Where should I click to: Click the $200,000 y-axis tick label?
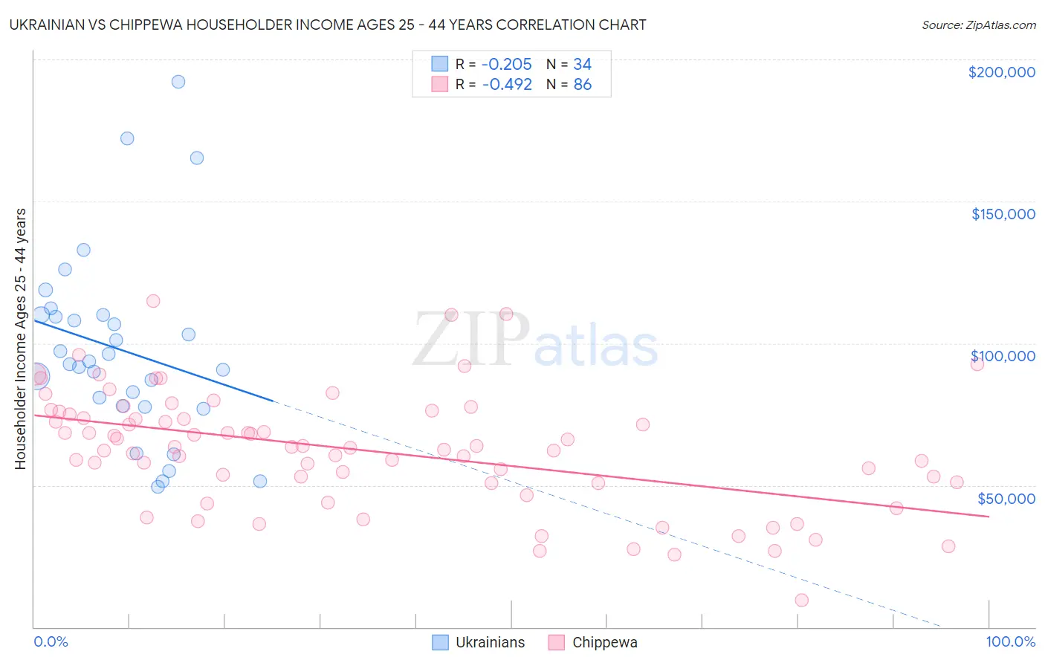click(x=1001, y=72)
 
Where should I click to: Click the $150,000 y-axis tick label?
click(x=1003, y=214)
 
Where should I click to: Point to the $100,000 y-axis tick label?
click(x=1003, y=356)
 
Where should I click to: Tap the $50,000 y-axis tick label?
click(x=1006, y=498)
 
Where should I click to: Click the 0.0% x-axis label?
click(x=51, y=641)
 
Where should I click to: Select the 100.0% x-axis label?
click(x=1010, y=641)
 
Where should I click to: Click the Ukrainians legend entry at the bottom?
click(x=489, y=642)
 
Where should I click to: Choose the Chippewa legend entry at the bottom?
click(x=604, y=642)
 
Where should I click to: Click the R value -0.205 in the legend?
click(x=507, y=65)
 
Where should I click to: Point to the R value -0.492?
click(x=507, y=85)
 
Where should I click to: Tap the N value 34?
click(x=582, y=65)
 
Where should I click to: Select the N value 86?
click(x=582, y=85)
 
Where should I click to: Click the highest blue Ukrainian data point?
click(x=178, y=82)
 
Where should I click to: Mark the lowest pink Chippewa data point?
click(x=801, y=600)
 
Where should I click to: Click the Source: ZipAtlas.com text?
click(x=978, y=25)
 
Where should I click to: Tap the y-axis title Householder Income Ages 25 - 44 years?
click(x=20, y=339)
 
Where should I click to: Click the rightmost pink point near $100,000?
click(x=977, y=363)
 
